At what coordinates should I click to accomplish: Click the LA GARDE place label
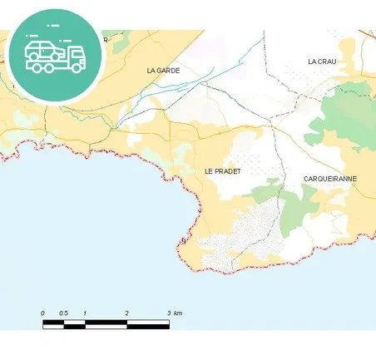tap(163, 71)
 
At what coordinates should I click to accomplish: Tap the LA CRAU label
tap(321, 62)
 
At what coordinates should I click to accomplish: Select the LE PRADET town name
tap(222, 170)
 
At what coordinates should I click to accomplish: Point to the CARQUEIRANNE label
tap(329, 179)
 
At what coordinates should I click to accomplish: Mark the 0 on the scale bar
tap(43, 313)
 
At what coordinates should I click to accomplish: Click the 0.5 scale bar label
tap(64, 313)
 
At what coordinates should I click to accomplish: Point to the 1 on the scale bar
tap(86, 313)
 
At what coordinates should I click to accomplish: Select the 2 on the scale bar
tap(127, 313)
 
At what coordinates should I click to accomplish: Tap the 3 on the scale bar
tap(169, 313)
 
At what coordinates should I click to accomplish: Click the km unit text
tap(178, 313)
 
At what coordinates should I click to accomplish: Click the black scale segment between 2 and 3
tap(148, 321)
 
